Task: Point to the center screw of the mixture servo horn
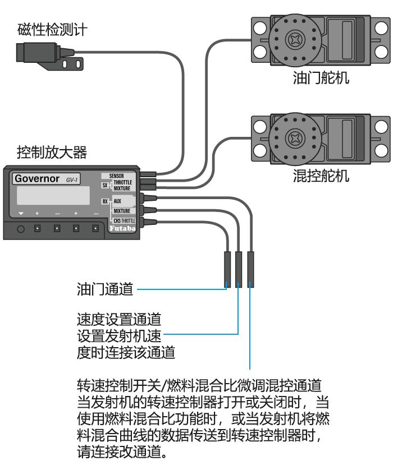[295, 138]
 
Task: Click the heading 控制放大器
[52, 152]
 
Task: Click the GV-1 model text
[72, 180]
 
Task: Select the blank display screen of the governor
[53, 196]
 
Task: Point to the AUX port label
[117, 200]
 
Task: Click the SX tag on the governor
[104, 185]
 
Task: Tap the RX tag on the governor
[104, 201]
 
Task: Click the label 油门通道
[105, 290]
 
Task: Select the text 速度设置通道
[118, 320]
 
